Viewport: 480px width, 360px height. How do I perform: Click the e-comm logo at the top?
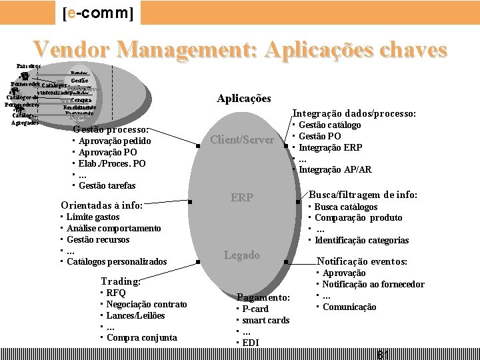(97, 13)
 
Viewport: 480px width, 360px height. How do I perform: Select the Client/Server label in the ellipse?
(242, 139)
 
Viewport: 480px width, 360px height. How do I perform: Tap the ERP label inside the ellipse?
(241, 197)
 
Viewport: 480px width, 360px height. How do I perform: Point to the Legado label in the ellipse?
(241, 255)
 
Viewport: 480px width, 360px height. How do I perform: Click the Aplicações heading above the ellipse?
(244, 98)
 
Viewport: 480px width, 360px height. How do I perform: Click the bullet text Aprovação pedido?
(115, 141)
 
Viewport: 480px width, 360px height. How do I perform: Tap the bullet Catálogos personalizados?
(117, 262)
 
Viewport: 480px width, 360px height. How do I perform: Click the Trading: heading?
(120, 281)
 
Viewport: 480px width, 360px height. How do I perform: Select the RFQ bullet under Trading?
(116, 293)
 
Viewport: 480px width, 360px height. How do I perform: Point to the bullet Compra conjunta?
(142, 338)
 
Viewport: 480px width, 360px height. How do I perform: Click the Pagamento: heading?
(263, 297)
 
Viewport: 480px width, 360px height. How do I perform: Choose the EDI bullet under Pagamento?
(251, 343)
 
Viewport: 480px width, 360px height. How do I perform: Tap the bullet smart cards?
(265, 321)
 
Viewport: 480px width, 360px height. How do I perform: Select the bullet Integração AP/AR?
(335, 170)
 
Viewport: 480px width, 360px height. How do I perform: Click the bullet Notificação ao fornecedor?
(373, 285)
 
